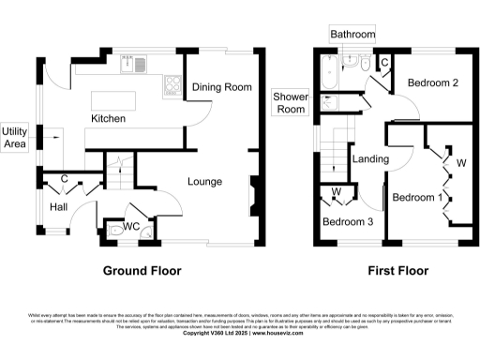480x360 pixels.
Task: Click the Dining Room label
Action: tap(222, 87)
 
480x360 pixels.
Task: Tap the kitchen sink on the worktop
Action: tap(127, 66)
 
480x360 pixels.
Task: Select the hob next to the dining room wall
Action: tap(172, 86)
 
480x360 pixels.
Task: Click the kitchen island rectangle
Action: tap(124, 100)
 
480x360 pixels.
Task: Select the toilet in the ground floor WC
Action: tap(116, 228)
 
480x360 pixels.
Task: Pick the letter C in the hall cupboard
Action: tap(63, 178)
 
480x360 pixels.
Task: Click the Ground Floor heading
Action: tap(142, 271)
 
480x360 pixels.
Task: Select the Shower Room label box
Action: tap(291, 103)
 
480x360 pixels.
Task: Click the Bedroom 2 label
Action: tap(431, 82)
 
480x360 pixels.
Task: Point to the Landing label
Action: tap(370, 159)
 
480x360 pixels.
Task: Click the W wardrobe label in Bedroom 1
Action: tap(460, 162)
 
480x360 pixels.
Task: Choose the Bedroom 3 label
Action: tap(347, 222)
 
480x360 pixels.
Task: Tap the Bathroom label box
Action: tap(352, 35)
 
